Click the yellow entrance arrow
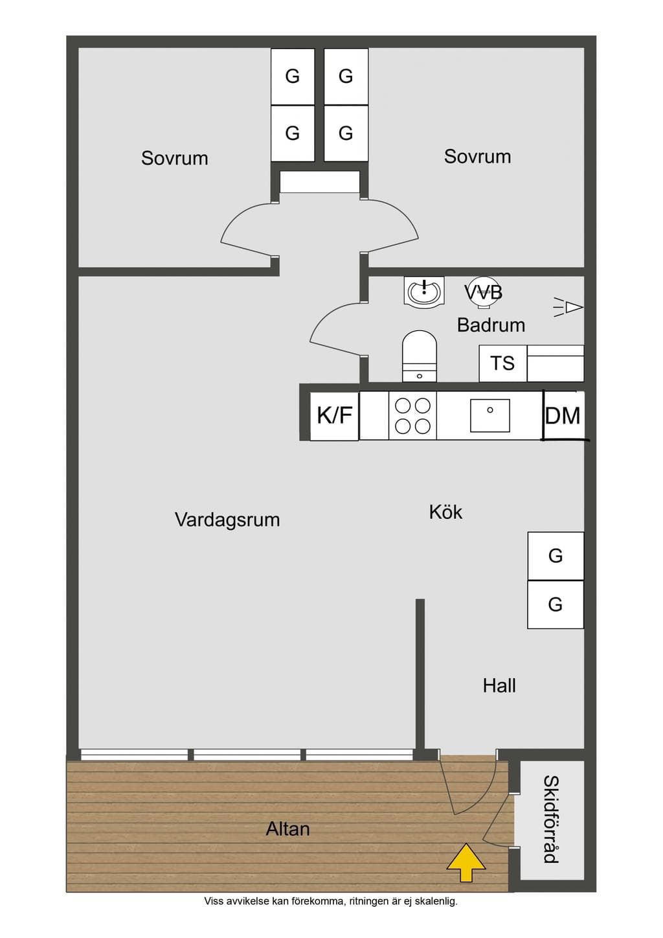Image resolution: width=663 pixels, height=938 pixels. click(466, 862)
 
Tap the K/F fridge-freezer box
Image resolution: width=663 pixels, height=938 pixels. click(334, 417)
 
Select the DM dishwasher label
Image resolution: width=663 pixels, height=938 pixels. click(563, 416)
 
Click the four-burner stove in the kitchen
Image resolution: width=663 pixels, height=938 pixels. click(412, 416)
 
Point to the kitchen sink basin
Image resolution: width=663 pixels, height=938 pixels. click(489, 415)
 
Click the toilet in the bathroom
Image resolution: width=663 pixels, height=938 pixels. click(420, 356)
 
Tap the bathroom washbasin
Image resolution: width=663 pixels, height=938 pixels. click(424, 290)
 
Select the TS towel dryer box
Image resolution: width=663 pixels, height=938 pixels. click(502, 363)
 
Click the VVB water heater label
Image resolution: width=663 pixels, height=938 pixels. click(484, 292)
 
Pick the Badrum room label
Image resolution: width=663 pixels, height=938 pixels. click(491, 325)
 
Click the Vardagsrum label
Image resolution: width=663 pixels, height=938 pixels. click(227, 520)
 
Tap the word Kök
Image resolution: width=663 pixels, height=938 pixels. click(445, 512)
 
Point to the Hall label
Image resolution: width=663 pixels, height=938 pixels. click(499, 686)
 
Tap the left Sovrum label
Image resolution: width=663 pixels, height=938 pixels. click(175, 158)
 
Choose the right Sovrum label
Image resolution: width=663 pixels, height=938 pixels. click(478, 157)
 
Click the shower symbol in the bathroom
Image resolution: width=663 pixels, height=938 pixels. click(568, 308)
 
